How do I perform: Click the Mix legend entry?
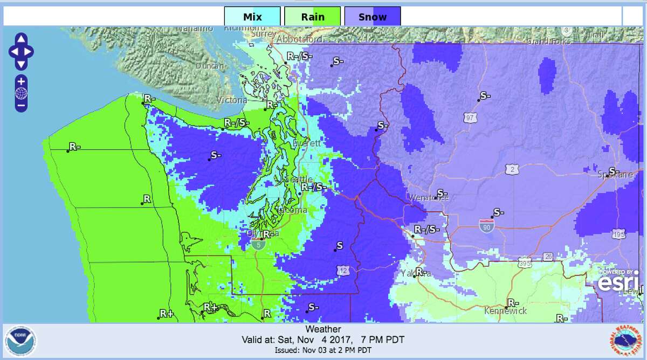click(252, 17)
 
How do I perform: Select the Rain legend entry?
click(313, 17)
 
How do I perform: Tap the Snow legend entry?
click(373, 17)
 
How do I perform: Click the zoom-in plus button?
click(21, 81)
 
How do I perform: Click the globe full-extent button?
click(21, 93)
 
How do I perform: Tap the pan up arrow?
click(21, 39)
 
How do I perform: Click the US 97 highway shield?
click(470, 116)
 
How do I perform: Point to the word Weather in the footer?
click(323, 329)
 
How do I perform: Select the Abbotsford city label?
click(299, 39)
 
